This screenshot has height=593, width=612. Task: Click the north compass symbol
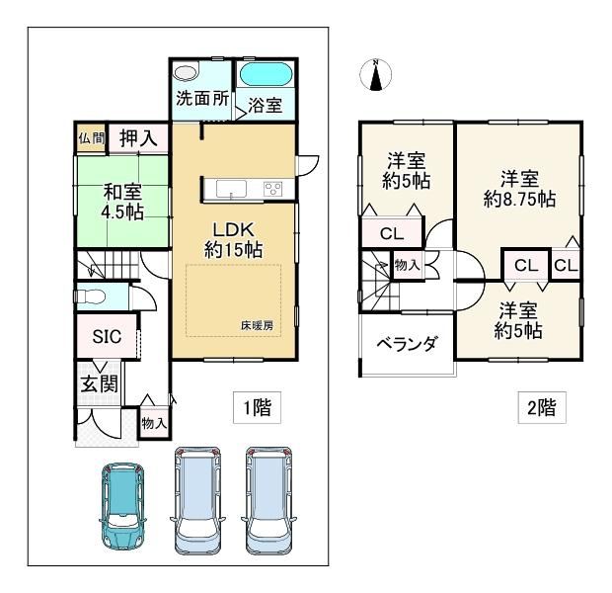click(375, 75)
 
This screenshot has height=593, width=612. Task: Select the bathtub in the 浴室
click(266, 74)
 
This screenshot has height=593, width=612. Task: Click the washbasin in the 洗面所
click(185, 73)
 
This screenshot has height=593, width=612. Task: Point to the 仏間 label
click(92, 137)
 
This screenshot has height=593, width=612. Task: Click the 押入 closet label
click(138, 138)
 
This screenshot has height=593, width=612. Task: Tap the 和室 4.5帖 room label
click(122, 202)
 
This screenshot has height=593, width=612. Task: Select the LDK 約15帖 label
click(233, 239)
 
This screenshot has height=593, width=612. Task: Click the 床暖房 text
click(257, 325)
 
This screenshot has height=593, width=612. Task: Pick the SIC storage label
click(107, 337)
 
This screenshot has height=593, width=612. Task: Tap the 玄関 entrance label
click(99, 383)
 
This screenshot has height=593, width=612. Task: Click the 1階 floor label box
click(258, 407)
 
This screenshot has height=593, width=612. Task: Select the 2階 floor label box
click(542, 407)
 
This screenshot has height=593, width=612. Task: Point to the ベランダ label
click(407, 344)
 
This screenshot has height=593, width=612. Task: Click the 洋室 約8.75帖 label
click(519, 189)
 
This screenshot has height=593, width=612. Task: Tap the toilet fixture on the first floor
click(91, 296)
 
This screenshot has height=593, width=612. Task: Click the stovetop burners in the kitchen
click(273, 189)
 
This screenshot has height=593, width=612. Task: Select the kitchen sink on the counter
click(231, 189)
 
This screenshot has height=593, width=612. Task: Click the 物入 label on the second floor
click(407, 266)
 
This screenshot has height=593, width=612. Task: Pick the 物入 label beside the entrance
click(155, 423)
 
